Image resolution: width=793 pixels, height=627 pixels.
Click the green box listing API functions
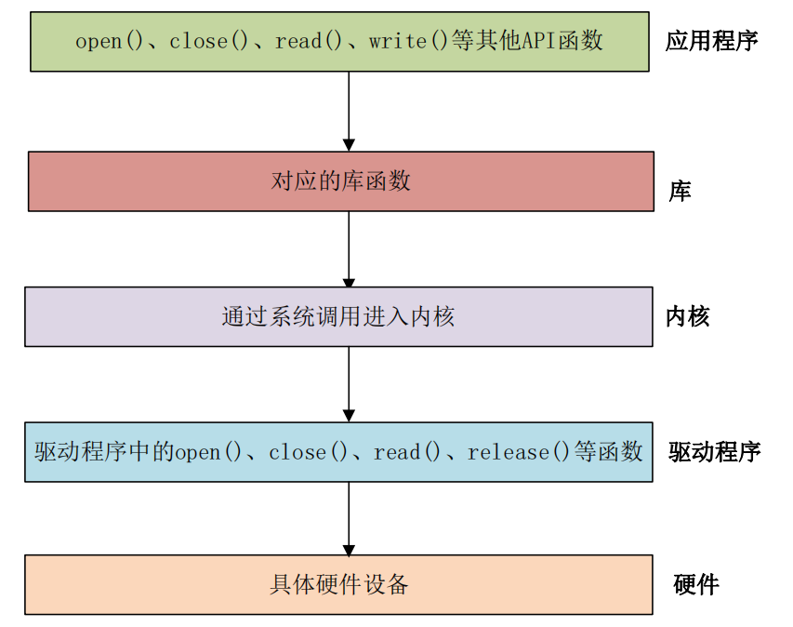(x=339, y=42)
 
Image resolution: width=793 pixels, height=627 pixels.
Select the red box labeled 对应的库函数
(x=340, y=181)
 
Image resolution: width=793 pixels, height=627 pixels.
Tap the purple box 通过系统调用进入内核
(x=338, y=316)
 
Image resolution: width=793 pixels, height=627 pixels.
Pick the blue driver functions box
(x=338, y=452)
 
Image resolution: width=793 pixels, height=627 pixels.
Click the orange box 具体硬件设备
(x=338, y=585)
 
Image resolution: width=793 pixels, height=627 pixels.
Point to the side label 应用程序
(x=711, y=41)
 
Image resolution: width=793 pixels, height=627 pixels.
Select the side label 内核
(x=688, y=316)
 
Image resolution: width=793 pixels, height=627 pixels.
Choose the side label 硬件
(x=695, y=585)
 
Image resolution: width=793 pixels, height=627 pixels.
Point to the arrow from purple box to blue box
(x=349, y=384)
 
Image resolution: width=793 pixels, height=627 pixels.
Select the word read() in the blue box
(x=407, y=453)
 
